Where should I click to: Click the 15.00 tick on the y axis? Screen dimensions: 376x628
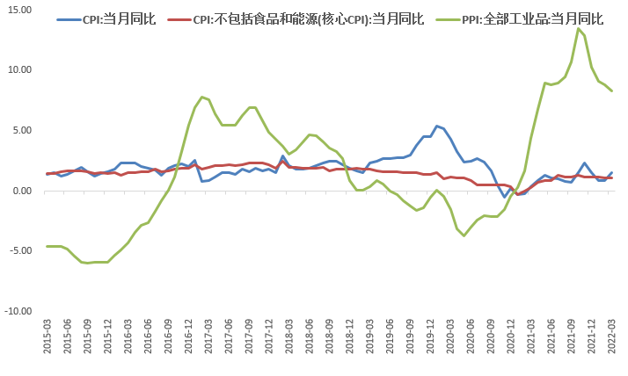[19, 9]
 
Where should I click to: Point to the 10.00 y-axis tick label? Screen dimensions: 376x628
[19, 69]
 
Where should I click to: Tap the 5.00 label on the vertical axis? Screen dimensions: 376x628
[21, 130]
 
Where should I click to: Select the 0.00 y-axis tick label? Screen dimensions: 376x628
[21, 191]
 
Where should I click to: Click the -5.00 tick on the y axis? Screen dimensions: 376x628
[19, 250]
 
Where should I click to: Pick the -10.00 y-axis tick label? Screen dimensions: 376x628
[18, 311]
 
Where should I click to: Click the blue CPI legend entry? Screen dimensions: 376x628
[106, 18]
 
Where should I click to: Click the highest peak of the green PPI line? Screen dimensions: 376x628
[578, 28]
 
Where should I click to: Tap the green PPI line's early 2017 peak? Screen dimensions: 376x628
[202, 97]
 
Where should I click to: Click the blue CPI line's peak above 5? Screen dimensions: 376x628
[437, 126]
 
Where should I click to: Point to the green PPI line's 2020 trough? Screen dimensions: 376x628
[464, 235]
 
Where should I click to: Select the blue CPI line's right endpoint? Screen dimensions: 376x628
[612, 172]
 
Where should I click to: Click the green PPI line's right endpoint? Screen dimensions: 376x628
[612, 90]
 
